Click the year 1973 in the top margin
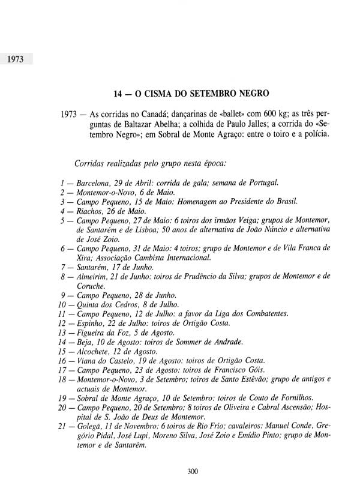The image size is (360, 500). click(16, 60)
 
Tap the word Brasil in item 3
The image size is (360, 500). click(284, 202)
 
